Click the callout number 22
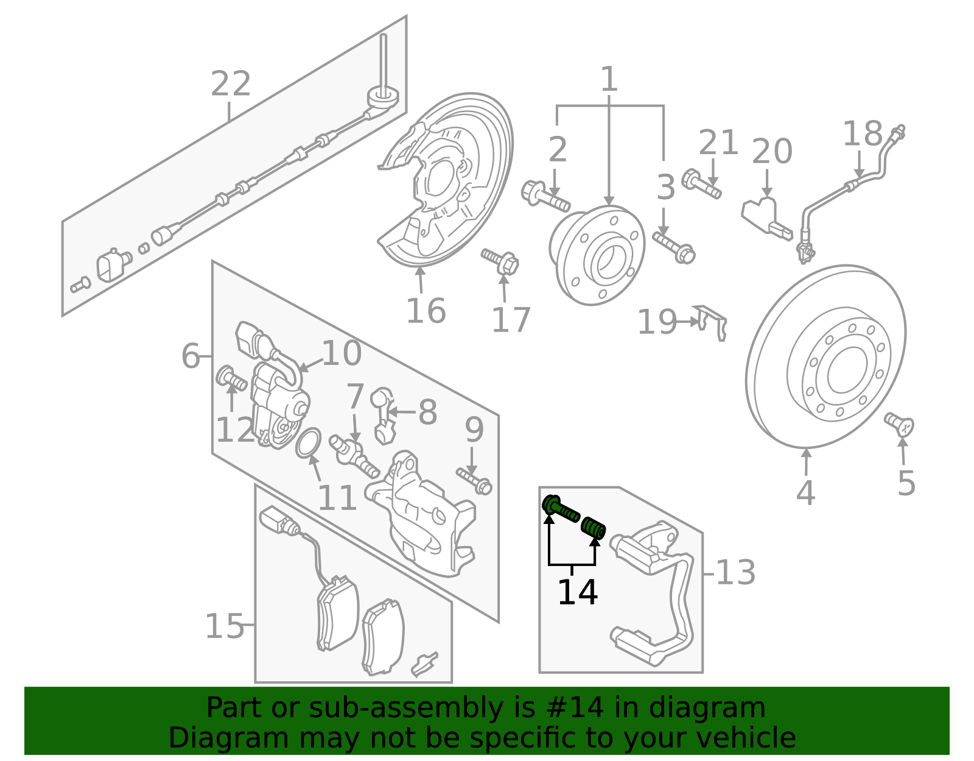(x=230, y=84)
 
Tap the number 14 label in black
(x=577, y=592)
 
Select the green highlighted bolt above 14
(x=560, y=509)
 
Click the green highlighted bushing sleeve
(x=593, y=527)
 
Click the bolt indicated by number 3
(x=674, y=247)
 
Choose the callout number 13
(x=735, y=573)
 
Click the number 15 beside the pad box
(x=224, y=626)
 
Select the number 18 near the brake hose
(x=862, y=134)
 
